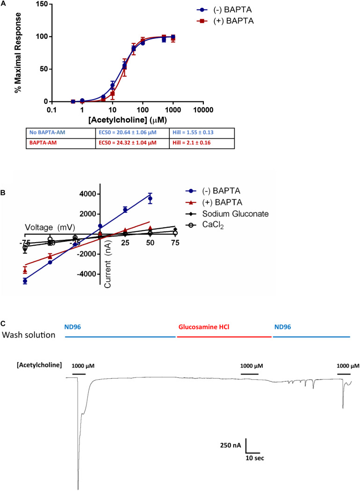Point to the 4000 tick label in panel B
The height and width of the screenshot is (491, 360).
(87, 194)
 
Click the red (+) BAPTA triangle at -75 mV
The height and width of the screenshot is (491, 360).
(25, 270)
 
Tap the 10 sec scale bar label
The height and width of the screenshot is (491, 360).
(255, 458)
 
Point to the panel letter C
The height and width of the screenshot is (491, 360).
(4, 324)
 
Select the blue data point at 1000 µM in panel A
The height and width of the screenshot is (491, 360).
(173, 37)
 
